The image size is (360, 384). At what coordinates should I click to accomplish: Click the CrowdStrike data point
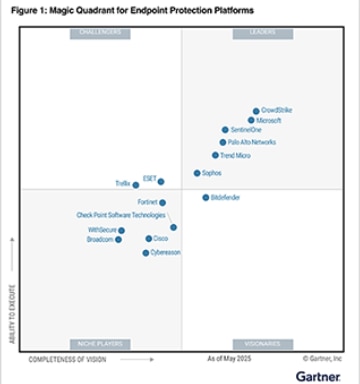256,111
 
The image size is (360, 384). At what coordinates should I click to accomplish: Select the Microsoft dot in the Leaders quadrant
251,120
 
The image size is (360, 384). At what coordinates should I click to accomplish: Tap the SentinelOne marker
225,130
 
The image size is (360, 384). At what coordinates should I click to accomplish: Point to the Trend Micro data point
215,155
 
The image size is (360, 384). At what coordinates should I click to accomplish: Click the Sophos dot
197,173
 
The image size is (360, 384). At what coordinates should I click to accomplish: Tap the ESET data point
161,181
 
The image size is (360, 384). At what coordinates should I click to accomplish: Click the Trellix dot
136,185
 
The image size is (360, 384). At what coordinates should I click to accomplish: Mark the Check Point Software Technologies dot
174,227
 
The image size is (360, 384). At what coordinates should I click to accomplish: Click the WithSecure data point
122,231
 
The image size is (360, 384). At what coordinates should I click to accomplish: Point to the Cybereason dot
146,253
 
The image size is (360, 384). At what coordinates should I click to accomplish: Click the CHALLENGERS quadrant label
99,34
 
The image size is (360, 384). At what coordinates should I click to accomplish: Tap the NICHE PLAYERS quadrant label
99,343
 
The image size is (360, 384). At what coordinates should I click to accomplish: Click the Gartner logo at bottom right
318,375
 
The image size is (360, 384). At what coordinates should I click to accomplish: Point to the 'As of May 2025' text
229,357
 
